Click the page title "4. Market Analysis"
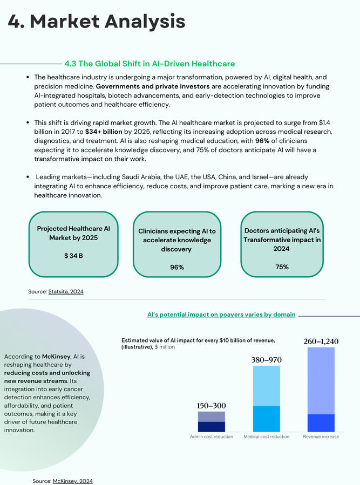(97, 22)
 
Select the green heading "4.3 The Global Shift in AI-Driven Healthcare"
(150, 64)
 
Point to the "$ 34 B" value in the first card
(73, 255)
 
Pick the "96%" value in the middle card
(177, 267)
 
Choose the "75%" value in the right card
(282, 267)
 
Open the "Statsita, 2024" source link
(70, 291)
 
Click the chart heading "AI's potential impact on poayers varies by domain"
(221, 315)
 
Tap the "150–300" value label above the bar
(212, 406)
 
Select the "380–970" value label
(267, 360)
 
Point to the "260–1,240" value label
(321, 341)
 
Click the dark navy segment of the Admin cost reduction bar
(212, 426)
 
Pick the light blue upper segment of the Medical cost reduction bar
(267, 385)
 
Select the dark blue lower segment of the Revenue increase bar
(321, 422)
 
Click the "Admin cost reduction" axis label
(212, 436)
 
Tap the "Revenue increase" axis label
(321, 436)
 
